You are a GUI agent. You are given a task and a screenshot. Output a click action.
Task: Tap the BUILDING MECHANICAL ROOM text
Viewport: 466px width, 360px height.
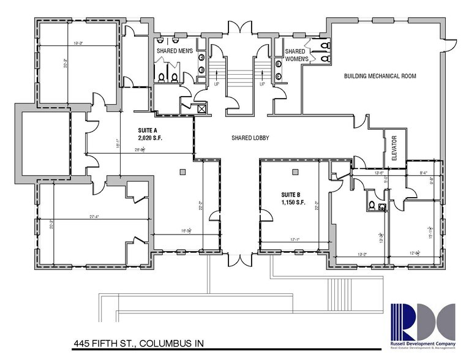pos(380,77)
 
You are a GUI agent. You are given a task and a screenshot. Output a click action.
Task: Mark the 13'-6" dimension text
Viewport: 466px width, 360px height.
pos(363,173)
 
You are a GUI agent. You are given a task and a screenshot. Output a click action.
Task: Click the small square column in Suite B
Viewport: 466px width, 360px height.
pos(295,171)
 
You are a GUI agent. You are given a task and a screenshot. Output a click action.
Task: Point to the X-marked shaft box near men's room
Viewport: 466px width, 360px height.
pos(200,108)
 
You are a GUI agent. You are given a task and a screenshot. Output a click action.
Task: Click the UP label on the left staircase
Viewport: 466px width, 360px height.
pos(216,84)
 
